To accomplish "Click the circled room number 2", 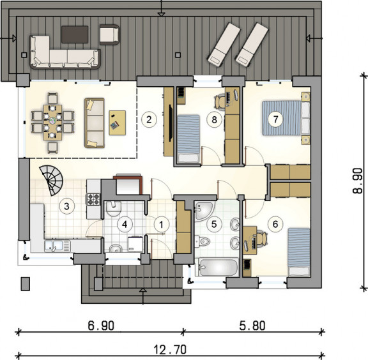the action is tap(149, 119).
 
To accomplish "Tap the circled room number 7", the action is tap(275, 119).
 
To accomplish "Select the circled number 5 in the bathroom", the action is tap(214, 224).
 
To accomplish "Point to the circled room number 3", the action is tap(66, 206).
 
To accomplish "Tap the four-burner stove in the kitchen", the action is tap(93, 199).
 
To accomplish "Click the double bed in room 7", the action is tap(286, 118).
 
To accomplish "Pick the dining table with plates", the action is tap(52, 123).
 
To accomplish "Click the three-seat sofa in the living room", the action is tap(95, 123).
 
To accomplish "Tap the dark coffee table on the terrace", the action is tap(75, 34).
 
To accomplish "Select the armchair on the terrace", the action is tap(110, 34).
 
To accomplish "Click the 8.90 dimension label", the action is tap(357, 181).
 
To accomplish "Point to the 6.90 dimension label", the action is tap(101, 326).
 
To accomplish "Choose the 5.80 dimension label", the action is tap(252, 326).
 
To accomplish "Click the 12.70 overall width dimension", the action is tap(171, 349).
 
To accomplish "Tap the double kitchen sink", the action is tap(57, 246).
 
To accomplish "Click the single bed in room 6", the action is tap(299, 252).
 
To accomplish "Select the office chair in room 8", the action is tap(220, 101).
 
